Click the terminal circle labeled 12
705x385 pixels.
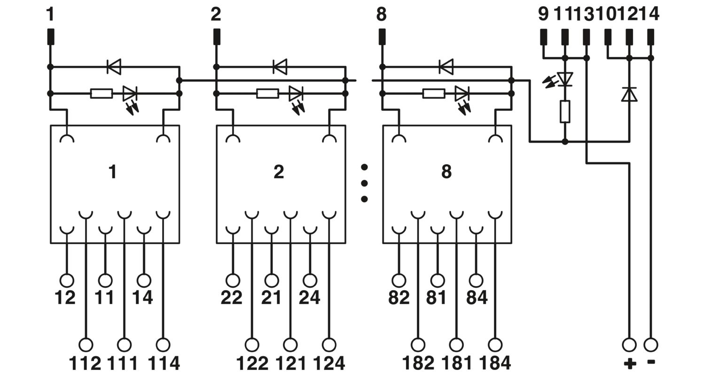(x=67, y=280)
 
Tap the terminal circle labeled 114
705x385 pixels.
(x=163, y=345)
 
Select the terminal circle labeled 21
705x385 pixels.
(x=272, y=280)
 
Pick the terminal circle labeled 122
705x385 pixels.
(x=252, y=345)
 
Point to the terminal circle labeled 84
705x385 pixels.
(x=476, y=280)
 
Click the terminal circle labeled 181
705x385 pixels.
(x=456, y=345)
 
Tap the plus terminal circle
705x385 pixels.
(x=629, y=345)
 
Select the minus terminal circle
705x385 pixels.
(x=650, y=345)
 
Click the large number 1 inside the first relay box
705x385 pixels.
(x=112, y=171)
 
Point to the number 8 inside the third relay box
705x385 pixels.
(x=446, y=171)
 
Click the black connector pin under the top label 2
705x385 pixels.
(x=217, y=37)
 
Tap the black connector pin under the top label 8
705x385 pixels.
(x=382, y=37)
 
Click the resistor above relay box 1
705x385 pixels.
(x=102, y=93)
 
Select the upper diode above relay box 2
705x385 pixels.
(x=280, y=67)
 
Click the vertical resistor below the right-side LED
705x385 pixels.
(x=565, y=112)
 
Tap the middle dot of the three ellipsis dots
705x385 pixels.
(x=364, y=183)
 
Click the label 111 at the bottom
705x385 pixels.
(x=123, y=363)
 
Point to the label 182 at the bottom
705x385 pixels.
(x=418, y=363)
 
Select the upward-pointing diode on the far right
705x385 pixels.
(x=629, y=94)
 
